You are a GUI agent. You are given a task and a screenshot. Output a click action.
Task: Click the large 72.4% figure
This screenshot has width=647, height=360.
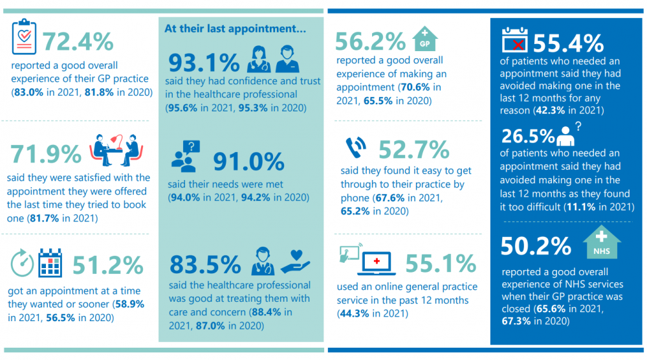pos(78,41)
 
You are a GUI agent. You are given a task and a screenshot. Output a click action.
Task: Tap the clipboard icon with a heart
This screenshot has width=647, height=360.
pos(24,36)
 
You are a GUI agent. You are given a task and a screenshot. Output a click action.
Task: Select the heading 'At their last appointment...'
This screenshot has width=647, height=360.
pos(236,28)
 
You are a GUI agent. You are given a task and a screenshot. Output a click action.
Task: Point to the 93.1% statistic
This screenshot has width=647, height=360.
pos(204,62)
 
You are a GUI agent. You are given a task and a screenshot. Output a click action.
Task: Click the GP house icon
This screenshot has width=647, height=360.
pos(424,39)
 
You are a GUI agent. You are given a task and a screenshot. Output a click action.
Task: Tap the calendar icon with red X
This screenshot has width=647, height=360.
pos(514,39)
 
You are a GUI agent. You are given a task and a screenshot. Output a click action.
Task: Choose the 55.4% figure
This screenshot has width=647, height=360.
pos(568,43)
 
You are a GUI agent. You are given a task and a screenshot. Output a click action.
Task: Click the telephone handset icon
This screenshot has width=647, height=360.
pos(356,148)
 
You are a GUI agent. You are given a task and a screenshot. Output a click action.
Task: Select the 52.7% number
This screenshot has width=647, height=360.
pos(414,150)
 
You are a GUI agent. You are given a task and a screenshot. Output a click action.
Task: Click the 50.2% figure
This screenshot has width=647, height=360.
pos(536,246)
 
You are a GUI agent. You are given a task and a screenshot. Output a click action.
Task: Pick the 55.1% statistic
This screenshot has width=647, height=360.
pos(441,264)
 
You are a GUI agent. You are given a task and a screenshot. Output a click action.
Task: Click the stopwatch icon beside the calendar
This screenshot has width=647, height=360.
pos(22,263)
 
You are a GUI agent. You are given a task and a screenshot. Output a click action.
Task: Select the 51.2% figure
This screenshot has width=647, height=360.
pos(107,265)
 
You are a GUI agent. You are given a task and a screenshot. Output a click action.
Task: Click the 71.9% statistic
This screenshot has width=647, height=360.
pos(46,154)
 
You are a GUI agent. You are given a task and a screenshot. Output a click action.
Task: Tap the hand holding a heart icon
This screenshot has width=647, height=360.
pos(295,262)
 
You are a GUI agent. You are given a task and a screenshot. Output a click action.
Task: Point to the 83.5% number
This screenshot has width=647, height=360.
pos(205,265)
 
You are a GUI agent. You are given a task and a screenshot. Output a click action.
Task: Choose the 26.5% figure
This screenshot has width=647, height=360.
pos(528,136)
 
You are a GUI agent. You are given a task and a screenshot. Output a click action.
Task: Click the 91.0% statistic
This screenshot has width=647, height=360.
pos(248,161)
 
